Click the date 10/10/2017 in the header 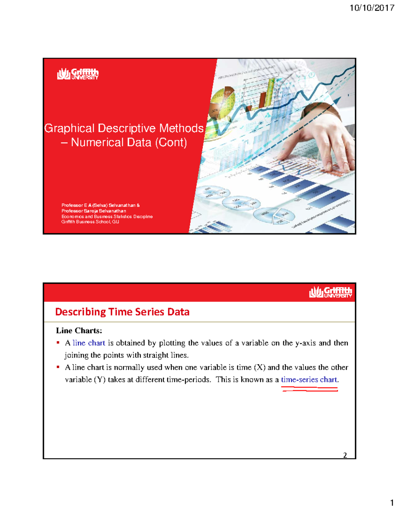(372, 8)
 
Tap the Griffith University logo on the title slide (78, 74)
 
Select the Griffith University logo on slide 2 (331, 292)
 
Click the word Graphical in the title (69, 128)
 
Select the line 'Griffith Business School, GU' (90, 222)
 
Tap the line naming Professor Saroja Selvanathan (94, 211)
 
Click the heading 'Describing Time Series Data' (122, 312)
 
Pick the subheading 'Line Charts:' (79, 331)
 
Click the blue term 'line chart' (89, 343)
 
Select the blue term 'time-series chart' (309, 380)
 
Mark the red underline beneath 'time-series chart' (310, 389)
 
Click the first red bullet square (58, 343)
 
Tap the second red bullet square (58, 367)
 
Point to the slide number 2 (345, 455)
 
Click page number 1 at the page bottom (392, 503)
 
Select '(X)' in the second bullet (259, 367)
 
